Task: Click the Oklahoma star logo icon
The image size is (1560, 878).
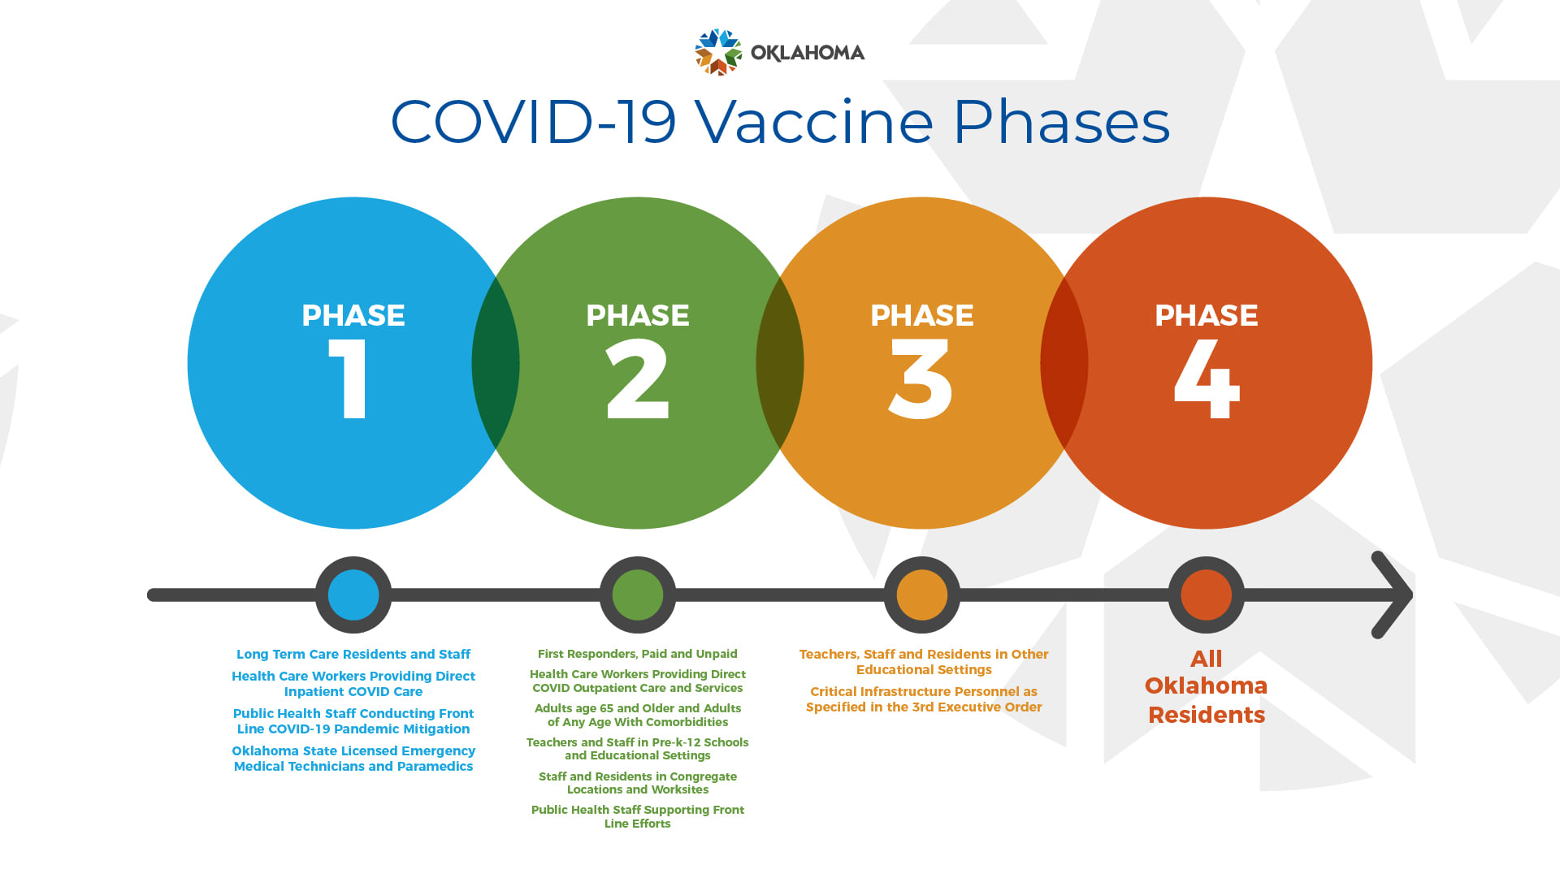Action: pyautogui.click(x=718, y=52)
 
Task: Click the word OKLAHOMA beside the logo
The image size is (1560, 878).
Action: pyautogui.click(x=808, y=53)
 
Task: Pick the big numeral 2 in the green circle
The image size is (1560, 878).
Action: pyautogui.click(x=638, y=378)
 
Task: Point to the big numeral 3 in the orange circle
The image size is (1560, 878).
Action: pyautogui.click(x=921, y=378)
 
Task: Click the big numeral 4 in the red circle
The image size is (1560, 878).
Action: pyautogui.click(x=1207, y=378)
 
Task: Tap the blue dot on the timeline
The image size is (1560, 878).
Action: pyautogui.click(x=353, y=595)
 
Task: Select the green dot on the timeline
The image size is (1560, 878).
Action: pyautogui.click(x=638, y=595)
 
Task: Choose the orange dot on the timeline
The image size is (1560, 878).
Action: pyautogui.click(x=922, y=595)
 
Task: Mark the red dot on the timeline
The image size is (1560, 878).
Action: pyautogui.click(x=1207, y=595)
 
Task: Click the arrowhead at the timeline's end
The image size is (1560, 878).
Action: pyautogui.click(x=1393, y=595)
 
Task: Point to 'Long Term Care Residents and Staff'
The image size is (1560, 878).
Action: pyautogui.click(x=353, y=655)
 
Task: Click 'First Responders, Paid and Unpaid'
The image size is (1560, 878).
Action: pyautogui.click(x=638, y=654)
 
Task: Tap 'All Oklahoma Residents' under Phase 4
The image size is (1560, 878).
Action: pyautogui.click(x=1207, y=687)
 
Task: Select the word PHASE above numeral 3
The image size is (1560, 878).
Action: pyautogui.click(x=922, y=315)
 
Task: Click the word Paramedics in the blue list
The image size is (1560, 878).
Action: pyautogui.click(x=435, y=767)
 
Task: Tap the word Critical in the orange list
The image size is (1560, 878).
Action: pyautogui.click(x=834, y=692)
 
